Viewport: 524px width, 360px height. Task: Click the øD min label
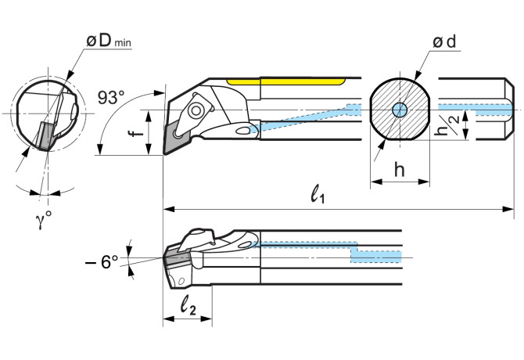pyautogui.click(x=109, y=41)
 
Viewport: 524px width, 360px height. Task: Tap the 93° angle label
pyautogui.click(x=111, y=98)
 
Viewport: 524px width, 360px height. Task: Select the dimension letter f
pyautogui.click(x=136, y=133)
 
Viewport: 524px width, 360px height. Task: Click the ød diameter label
pyautogui.click(x=444, y=42)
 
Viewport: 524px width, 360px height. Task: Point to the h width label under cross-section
pyautogui.click(x=400, y=169)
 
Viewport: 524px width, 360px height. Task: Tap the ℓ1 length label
pyautogui.click(x=318, y=193)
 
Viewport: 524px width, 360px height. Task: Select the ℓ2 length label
pyautogui.click(x=188, y=305)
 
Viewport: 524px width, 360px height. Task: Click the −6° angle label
pyautogui.click(x=102, y=261)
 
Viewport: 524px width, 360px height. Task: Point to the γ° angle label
pyautogui.click(x=44, y=220)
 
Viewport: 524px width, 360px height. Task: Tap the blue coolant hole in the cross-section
pyautogui.click(x=400, y=110)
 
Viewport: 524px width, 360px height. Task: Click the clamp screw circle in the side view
pyautogui.click(x=195, y=110)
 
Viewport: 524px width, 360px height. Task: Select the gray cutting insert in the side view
pyautogui.click(x=175, y=138)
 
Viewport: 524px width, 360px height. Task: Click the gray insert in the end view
pyautogui.click(x=45, y=135)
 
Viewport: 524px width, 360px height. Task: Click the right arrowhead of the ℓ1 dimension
pyautogui.click(x=508, y=209)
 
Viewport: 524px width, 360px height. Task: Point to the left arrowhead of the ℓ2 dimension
pyautogui.click(x=168, y=319)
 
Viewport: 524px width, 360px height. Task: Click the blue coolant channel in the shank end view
pyautogui.click(x=476, y=110)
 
